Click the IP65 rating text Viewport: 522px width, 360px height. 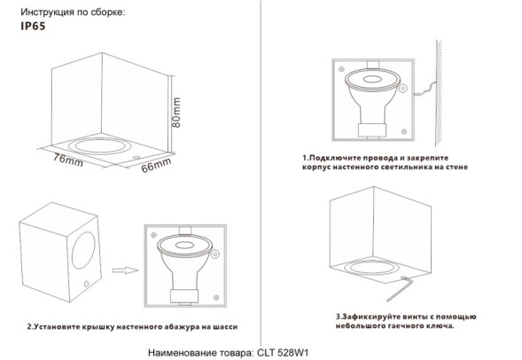[x=31, y=27]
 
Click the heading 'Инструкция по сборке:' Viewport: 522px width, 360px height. [x=72, y=12]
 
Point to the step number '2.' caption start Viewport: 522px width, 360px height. [x=31, y=326]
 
